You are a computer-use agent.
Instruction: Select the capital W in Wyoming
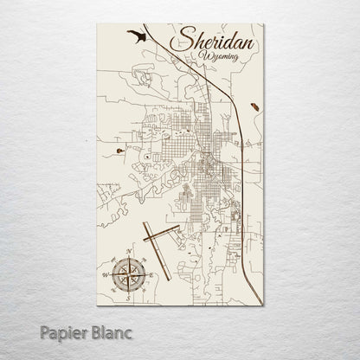point(202,56)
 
